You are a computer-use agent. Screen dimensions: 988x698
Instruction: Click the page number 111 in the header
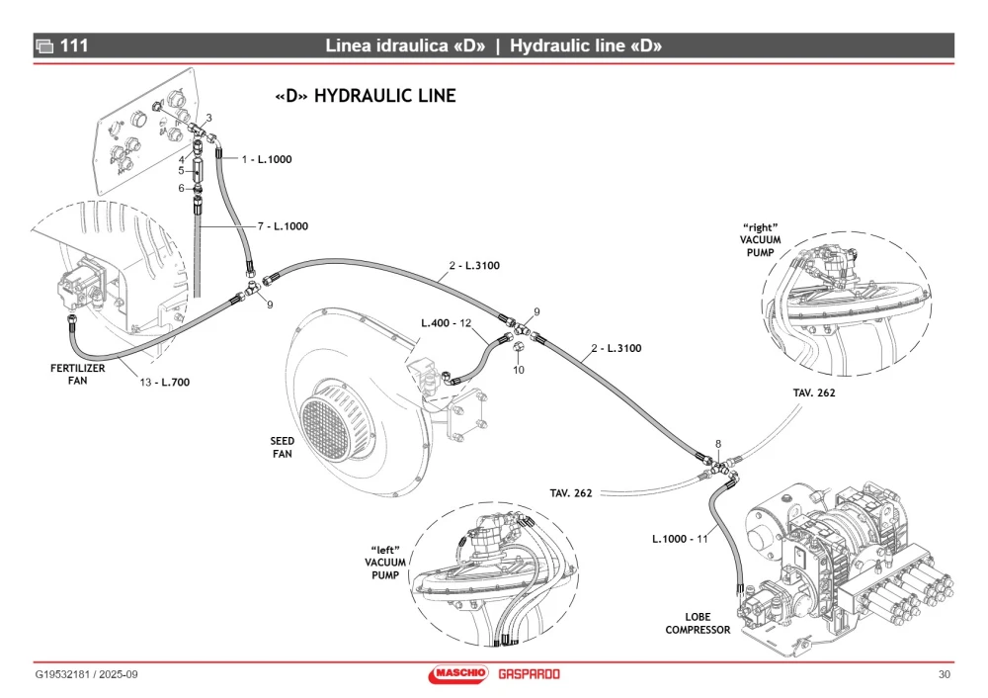(74, 45)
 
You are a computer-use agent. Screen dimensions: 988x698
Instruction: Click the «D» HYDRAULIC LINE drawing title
(366, 96)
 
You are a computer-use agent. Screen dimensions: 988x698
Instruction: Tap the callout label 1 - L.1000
(267, 159)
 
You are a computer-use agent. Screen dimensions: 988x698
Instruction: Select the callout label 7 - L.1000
(283, 226)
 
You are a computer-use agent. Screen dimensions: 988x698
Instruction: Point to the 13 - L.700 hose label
(164, 382)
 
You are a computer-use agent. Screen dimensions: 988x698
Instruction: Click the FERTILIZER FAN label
(77, 374)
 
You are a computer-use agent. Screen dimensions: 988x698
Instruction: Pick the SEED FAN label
(283, 447)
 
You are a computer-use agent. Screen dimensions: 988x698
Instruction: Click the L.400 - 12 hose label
(447, 323)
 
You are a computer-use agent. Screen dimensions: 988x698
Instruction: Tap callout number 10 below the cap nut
(519, 370)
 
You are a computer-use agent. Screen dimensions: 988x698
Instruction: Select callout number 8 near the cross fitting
(717, 444)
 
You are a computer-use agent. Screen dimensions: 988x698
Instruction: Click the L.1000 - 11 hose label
(680, 539)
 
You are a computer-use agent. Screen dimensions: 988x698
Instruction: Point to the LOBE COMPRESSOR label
(698, 623)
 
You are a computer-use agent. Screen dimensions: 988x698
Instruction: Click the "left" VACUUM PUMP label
(385, 563)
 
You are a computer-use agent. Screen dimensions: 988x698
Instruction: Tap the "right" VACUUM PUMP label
(760, 240)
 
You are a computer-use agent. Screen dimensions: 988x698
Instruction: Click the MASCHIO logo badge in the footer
(458, 674)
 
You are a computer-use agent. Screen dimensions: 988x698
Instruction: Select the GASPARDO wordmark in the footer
(529, 674)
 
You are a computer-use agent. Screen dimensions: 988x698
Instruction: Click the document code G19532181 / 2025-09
(86, 674)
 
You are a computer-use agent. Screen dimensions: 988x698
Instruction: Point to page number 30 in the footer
(944, 674)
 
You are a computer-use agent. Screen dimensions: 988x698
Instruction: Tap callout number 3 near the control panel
(209, 118)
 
